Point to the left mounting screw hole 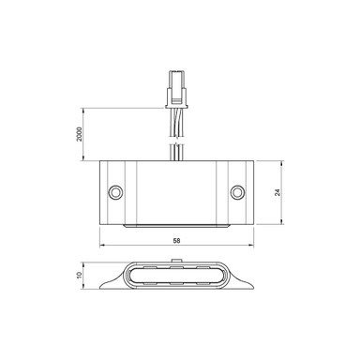[x=115, y=191]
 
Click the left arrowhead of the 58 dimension [x=100, y=248]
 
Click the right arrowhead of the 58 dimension [x=250, y=248]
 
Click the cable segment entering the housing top [x=175, y=150]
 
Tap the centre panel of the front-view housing [x=175, y=192]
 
